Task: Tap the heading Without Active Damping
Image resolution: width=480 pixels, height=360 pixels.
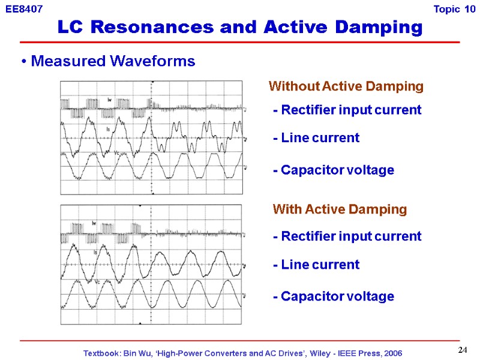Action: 346,86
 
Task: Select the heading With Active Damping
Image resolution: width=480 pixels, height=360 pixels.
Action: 340,209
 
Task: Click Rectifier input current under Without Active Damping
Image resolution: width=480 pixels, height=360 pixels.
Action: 347,110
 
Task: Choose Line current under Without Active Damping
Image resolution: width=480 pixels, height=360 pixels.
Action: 316,138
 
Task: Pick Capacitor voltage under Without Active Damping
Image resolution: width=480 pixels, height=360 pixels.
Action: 333,170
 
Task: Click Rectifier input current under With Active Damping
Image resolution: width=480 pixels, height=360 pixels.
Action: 347,236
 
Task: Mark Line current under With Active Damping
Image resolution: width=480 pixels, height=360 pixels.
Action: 316,265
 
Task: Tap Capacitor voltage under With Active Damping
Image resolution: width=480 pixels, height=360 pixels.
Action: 333,296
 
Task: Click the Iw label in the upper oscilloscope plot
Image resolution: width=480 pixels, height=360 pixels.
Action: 110,100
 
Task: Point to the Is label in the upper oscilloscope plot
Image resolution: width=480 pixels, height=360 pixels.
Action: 108,130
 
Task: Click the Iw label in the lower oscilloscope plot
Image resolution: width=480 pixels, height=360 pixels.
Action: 94,223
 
